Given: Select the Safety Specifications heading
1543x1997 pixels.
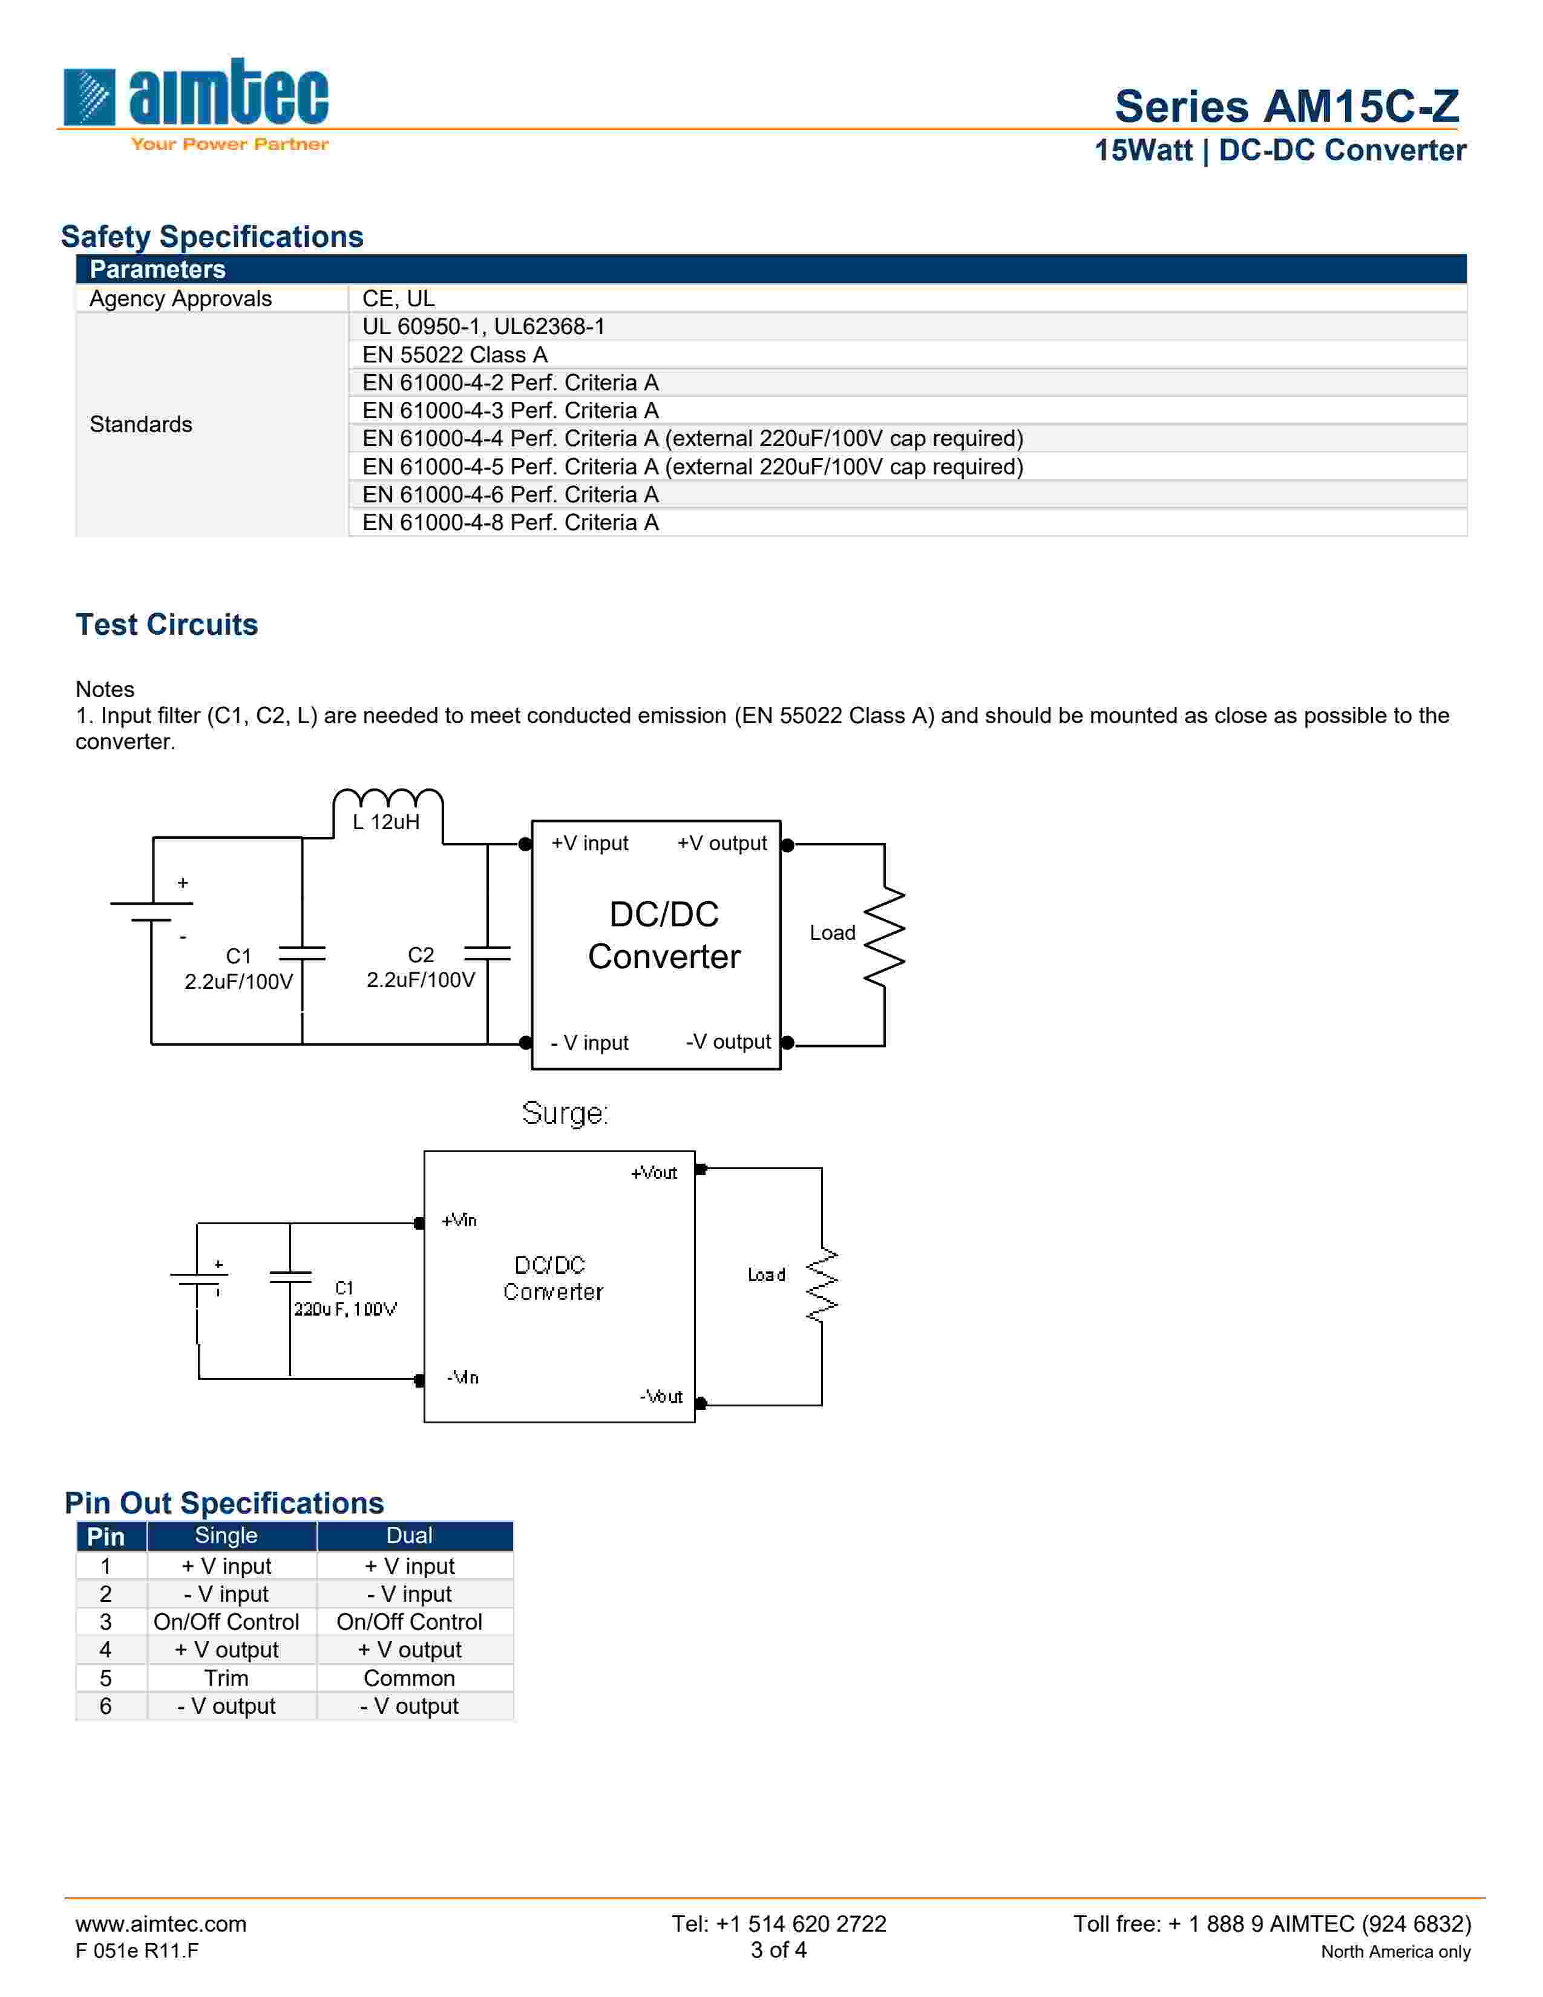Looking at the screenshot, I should coord(212,237).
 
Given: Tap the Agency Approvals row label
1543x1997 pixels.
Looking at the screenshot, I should coord(181,299).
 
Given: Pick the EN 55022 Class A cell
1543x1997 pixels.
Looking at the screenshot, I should coord(454,355).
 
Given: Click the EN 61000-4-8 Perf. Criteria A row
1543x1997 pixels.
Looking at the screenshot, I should coord(510,523).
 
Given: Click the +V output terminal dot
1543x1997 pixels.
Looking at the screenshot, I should coord(787,845).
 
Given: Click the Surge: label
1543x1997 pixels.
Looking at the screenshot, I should coord(564,1113).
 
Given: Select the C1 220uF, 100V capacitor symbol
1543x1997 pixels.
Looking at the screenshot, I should coord(290,1276).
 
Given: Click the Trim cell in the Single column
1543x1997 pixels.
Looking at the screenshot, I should coord(227,1678).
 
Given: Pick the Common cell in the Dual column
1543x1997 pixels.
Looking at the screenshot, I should coord(410,1678).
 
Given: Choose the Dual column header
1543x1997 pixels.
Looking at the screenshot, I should coord(410,1536).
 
